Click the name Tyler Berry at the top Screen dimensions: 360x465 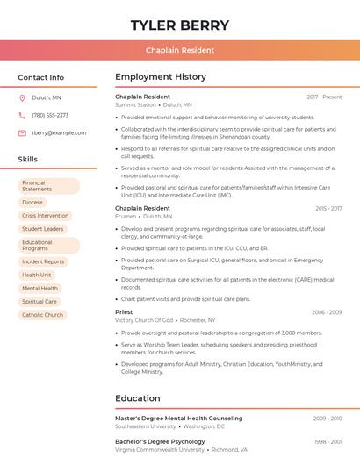(x=180, y=25)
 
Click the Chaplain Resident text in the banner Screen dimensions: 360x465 (x=180, y=50)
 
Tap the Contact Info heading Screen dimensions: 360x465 (x=40, y=77)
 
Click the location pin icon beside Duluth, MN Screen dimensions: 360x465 (x=22, y=98)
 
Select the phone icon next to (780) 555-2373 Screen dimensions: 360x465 (x=22, y=116)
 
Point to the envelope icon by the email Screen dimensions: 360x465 (x=22, y=133)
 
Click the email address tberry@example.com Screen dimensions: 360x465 (x=59, y=133)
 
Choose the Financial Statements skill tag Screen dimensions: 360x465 (x=48, y=186)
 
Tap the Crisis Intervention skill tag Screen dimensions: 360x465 (x=45, y=215)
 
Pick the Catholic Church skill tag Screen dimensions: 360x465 (x=42, y=315)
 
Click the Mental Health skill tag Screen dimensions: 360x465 (x=40, y=288)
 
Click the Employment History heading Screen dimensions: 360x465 (x=160, y=77)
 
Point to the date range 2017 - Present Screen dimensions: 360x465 (x=324, y=97)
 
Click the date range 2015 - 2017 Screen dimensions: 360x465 (x=328, y=209)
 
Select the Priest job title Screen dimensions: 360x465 (x=124, y=312)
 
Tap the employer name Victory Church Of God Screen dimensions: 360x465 (x=143, y=320)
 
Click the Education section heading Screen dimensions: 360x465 (x=137, y=398)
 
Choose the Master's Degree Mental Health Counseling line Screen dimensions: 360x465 (x=178, y=418)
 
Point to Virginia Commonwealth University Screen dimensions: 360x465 (x=157, y=449)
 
